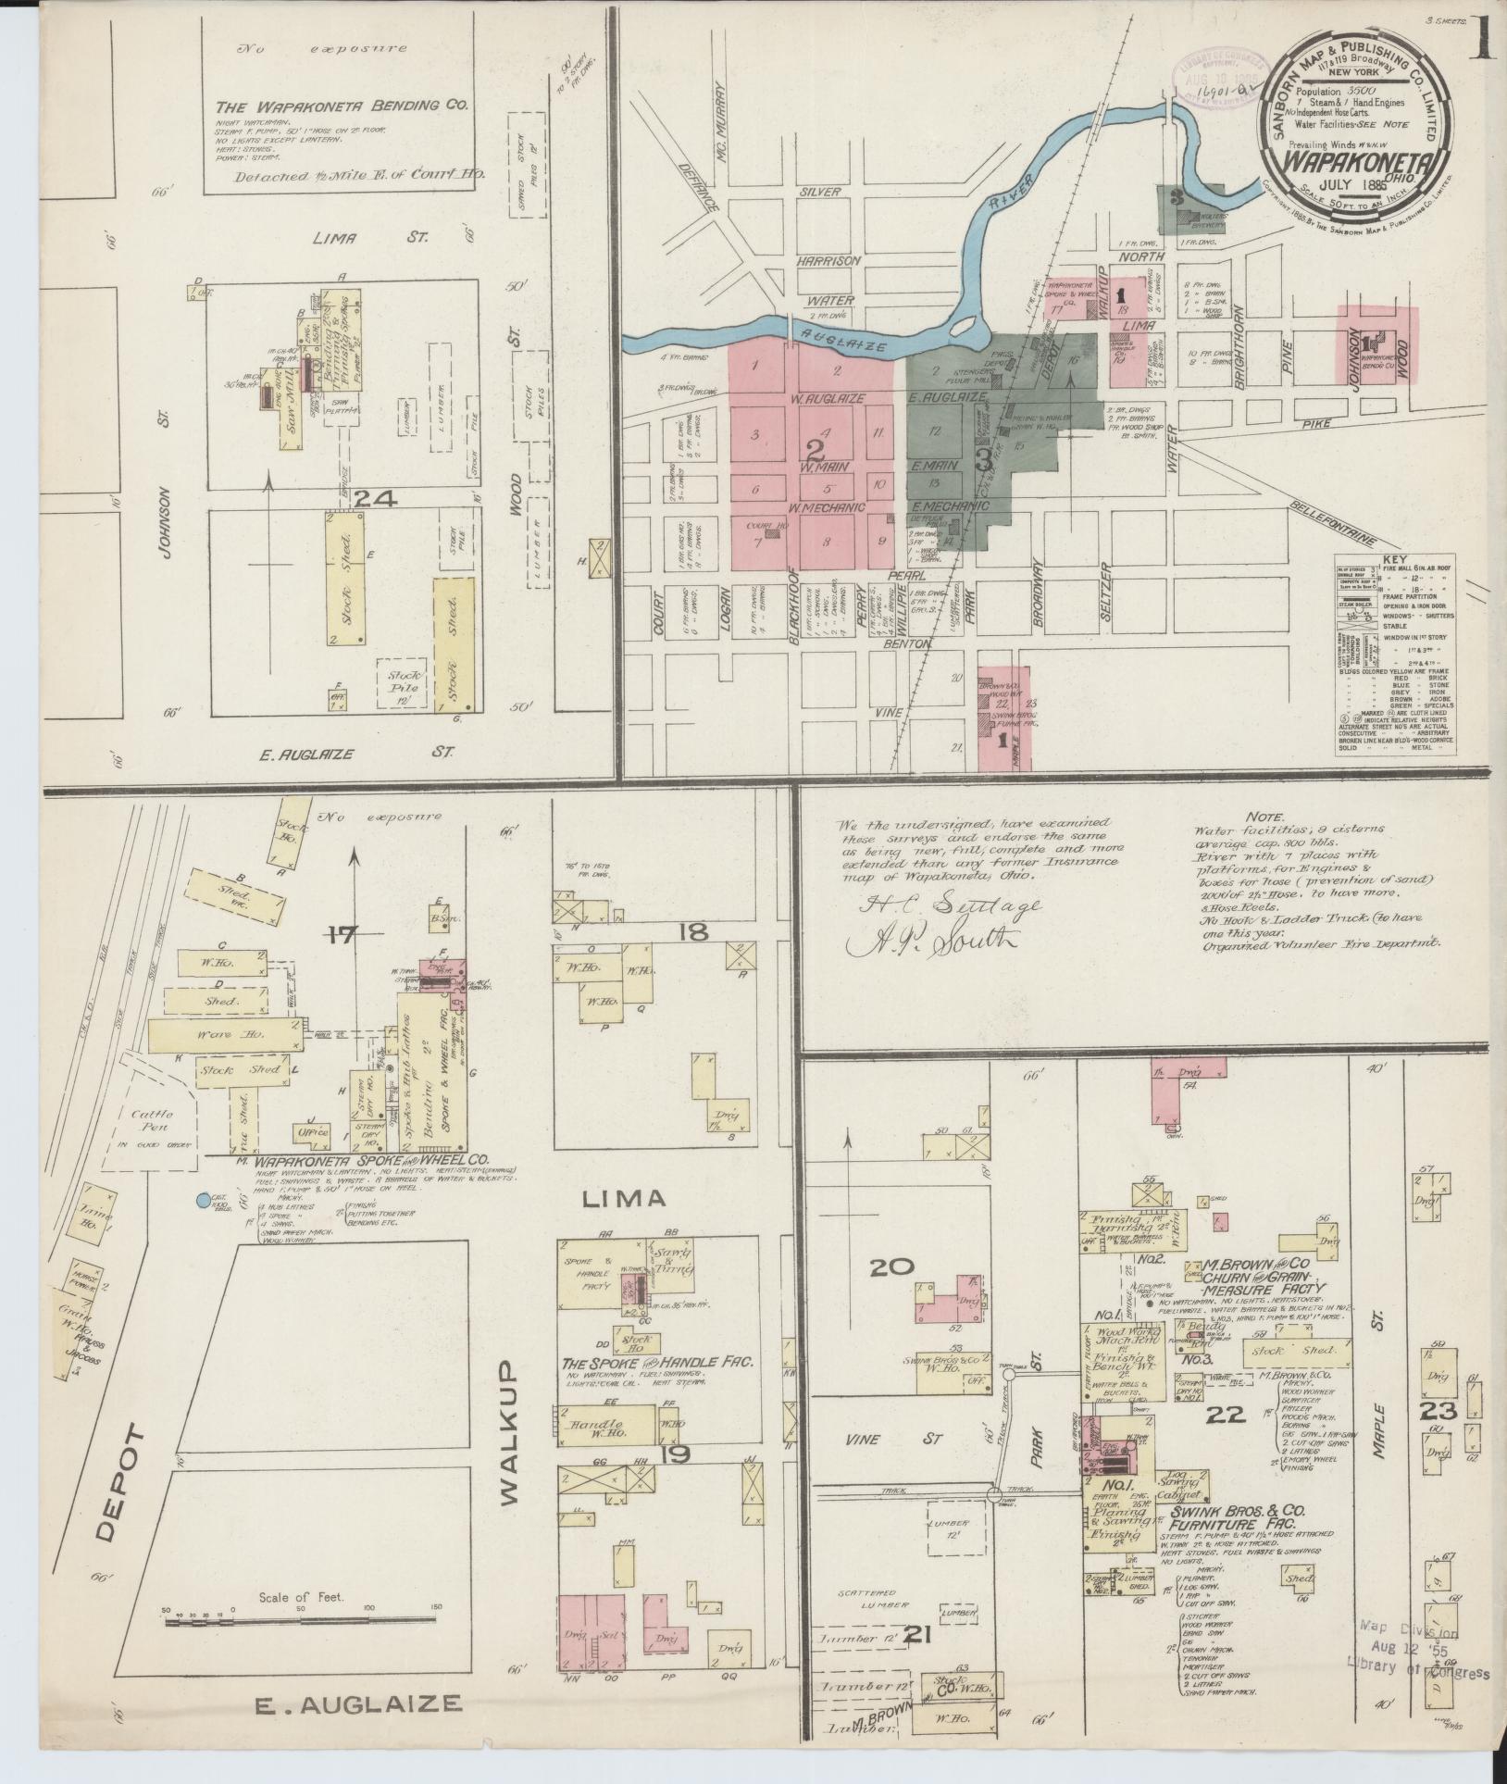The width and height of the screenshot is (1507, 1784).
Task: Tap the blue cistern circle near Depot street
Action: pos(202,1202)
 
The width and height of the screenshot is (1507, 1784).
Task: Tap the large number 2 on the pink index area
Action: pos(815,451)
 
